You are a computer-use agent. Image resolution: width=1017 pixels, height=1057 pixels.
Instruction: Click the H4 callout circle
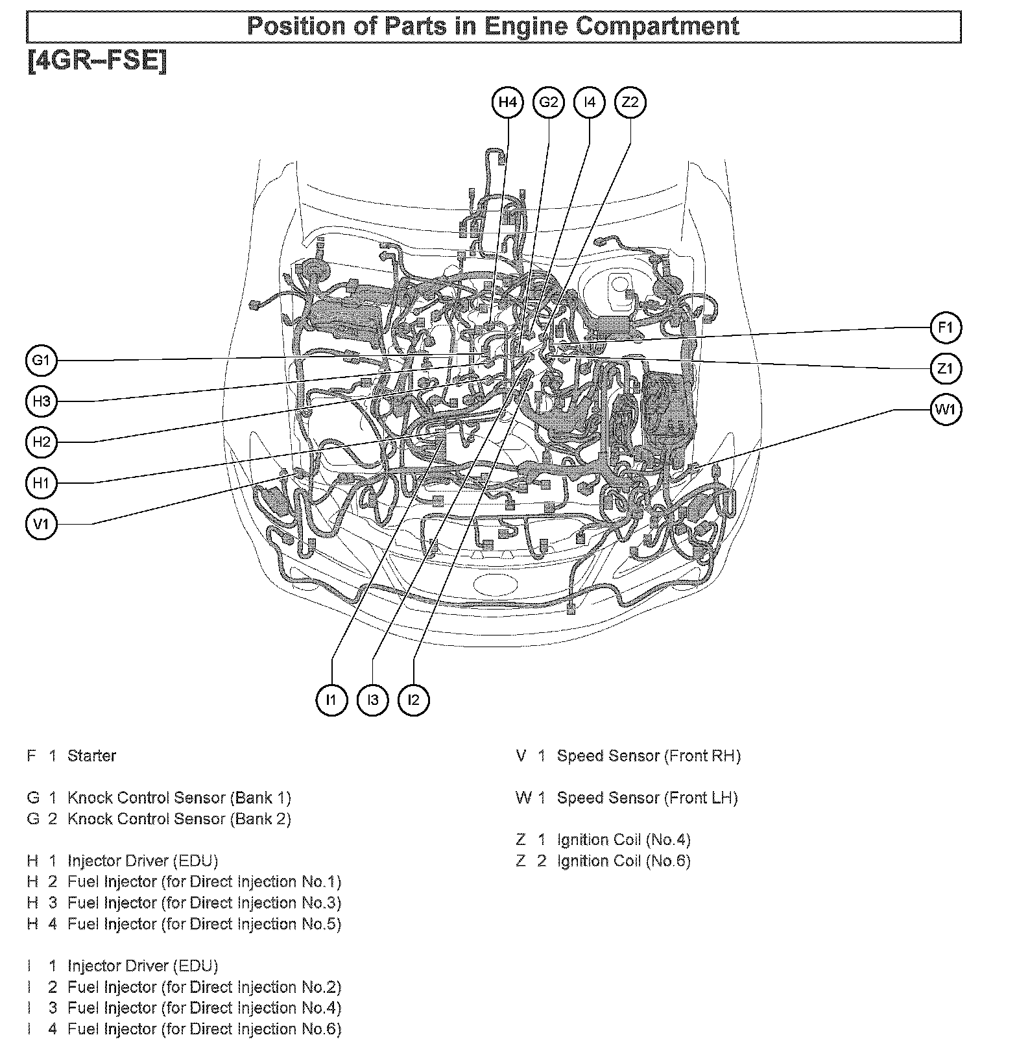508,102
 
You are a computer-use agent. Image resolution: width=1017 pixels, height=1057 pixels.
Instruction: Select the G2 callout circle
549,102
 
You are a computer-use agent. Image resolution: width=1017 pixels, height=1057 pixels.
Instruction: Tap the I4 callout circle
589,102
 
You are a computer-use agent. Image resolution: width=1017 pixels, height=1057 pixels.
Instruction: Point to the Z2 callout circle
630,102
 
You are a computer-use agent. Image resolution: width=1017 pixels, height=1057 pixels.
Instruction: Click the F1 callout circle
946,328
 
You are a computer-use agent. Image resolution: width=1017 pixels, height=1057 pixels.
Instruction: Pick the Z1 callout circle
946,369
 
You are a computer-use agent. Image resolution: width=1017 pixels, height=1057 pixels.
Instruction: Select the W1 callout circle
946,410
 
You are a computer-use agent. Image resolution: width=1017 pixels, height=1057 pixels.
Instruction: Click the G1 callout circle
42,361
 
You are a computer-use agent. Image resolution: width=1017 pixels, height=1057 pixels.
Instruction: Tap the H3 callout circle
42,401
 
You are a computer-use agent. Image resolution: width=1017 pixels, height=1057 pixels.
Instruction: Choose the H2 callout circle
42,442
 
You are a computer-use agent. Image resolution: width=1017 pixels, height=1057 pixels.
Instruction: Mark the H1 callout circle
42,483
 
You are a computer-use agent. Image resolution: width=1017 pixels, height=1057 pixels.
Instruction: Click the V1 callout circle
42,524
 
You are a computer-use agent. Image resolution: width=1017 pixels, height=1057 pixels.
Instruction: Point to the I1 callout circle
332,700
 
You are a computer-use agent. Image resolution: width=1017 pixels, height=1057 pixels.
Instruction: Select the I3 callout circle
373,700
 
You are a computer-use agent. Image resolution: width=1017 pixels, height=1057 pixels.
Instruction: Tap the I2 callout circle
414,700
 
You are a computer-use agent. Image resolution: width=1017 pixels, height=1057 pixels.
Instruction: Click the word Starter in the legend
91,756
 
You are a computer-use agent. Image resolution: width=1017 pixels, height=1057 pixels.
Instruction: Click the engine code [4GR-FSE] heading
97,62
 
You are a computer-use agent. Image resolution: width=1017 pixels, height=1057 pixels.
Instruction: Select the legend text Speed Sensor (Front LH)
647,798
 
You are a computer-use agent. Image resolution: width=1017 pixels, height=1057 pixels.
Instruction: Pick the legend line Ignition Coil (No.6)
623,861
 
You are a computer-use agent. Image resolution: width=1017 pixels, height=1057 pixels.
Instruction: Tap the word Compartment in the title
657,27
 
